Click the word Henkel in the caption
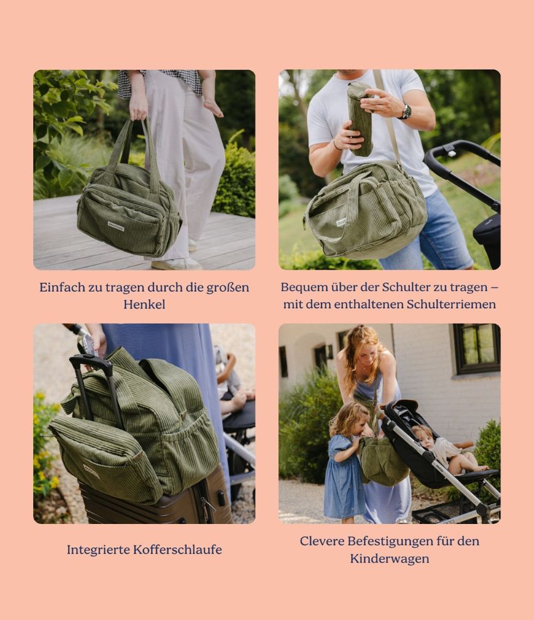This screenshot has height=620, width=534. tap(144, 304)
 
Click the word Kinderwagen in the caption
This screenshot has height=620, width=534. tap(389, 559)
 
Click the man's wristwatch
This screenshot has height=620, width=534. tap(406, 112)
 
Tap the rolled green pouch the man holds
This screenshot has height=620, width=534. tap(360, 119)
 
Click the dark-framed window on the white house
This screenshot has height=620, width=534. tap(476, 349)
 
